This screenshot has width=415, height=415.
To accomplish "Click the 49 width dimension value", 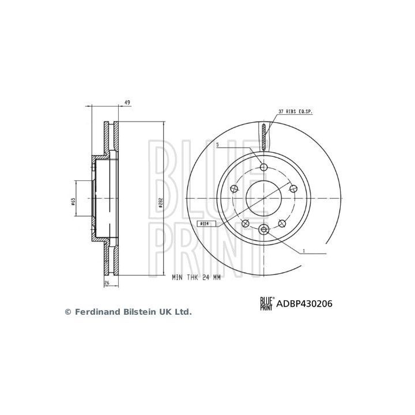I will (x=127, y=103).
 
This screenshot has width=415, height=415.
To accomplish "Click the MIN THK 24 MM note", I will (x=196, y=277).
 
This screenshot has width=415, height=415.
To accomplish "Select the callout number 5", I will (x=217, y=145).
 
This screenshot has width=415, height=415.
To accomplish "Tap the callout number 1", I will (x=304, y=251).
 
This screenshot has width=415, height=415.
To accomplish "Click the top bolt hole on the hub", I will (x=264, y=167).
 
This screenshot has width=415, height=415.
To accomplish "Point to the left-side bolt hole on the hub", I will (x=234, y=188).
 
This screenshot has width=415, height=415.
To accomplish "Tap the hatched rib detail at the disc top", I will (x=264, y=137).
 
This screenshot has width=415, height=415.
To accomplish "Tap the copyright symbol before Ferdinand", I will (x=67, y=312).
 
